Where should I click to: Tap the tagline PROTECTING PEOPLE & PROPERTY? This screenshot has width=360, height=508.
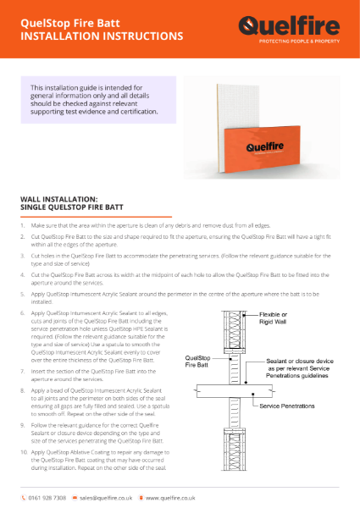(305, 40)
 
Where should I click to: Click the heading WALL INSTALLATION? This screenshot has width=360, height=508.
(58, 198)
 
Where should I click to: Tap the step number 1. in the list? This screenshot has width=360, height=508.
(23, 228)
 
